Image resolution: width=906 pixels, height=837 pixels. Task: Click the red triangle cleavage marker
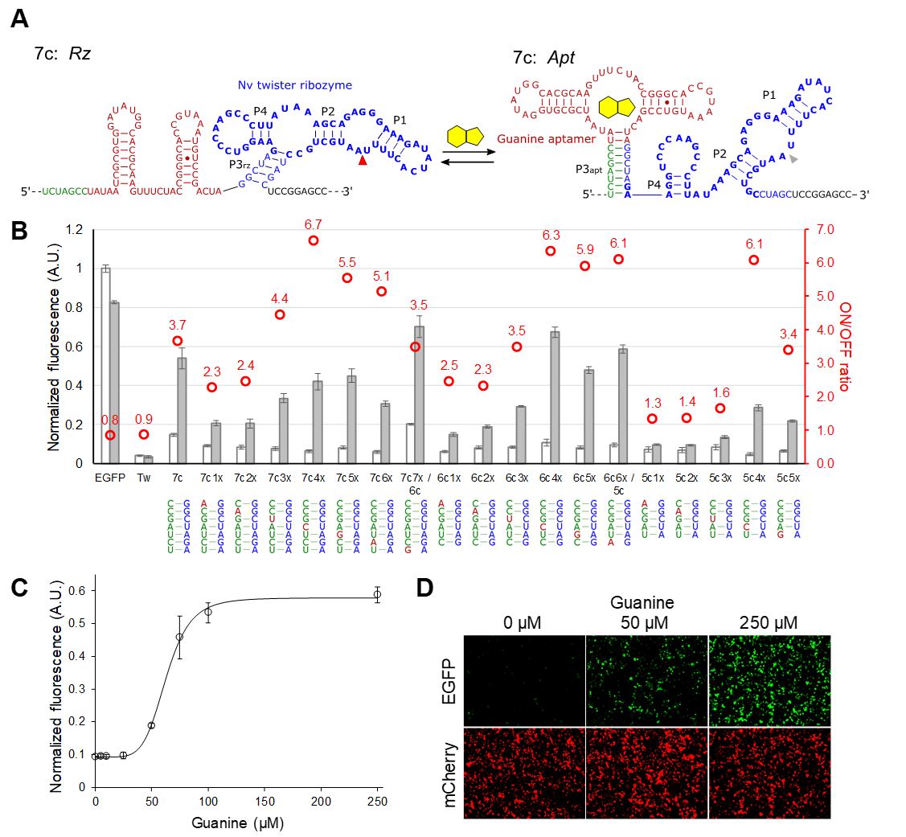click(x=363, y=162)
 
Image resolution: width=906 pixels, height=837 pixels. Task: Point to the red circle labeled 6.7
click(x=314, y=240)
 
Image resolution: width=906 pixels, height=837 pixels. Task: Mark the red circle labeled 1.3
click(x=652, y=419)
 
